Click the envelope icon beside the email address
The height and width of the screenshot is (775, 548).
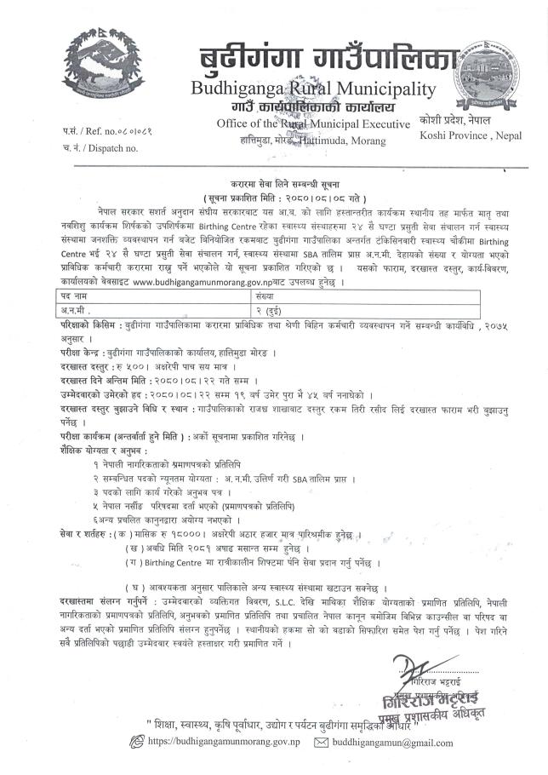321,743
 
